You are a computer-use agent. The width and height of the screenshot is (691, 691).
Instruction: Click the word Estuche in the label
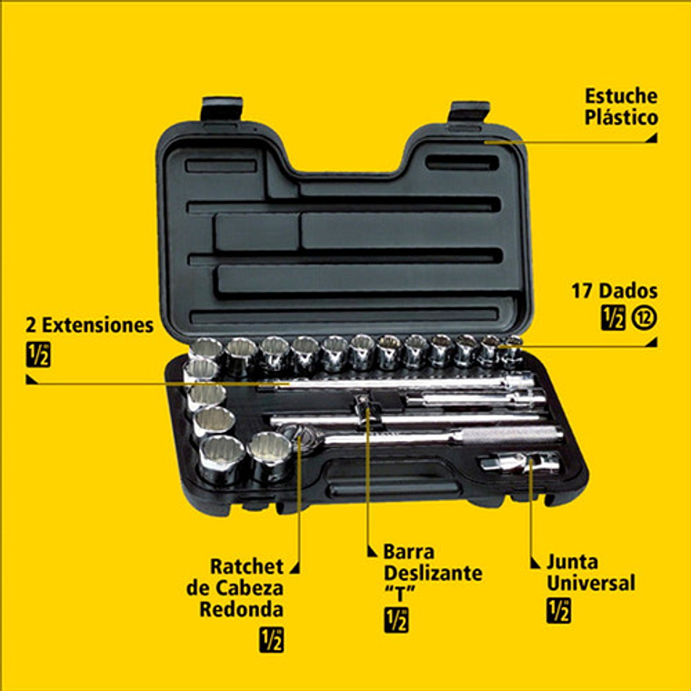click(x=621, y=95)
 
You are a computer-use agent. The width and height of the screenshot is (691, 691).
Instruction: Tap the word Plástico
click(x=622, y=117)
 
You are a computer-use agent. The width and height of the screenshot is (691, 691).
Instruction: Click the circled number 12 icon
click(x=644, y=318)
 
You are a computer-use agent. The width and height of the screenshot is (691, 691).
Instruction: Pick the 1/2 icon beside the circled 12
click(x=614, y=318)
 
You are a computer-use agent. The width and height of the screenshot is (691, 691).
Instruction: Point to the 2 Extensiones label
click(x=90, y=325)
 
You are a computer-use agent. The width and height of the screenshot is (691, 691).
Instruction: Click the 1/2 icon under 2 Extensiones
click(x=38, y=355)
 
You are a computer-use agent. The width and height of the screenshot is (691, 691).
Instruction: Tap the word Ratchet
click(x=246, y=566)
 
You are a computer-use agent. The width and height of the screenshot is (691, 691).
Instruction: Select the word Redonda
click(x=241, y=609)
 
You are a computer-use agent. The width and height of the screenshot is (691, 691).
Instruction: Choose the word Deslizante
click(x=433, y=573)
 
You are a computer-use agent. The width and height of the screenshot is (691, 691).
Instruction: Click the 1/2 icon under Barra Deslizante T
click(x=396, y=620)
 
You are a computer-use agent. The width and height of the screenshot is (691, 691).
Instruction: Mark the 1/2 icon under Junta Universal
click(x=558, y=611)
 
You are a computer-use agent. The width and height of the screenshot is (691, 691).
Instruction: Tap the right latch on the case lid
click(x=469, y=113)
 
